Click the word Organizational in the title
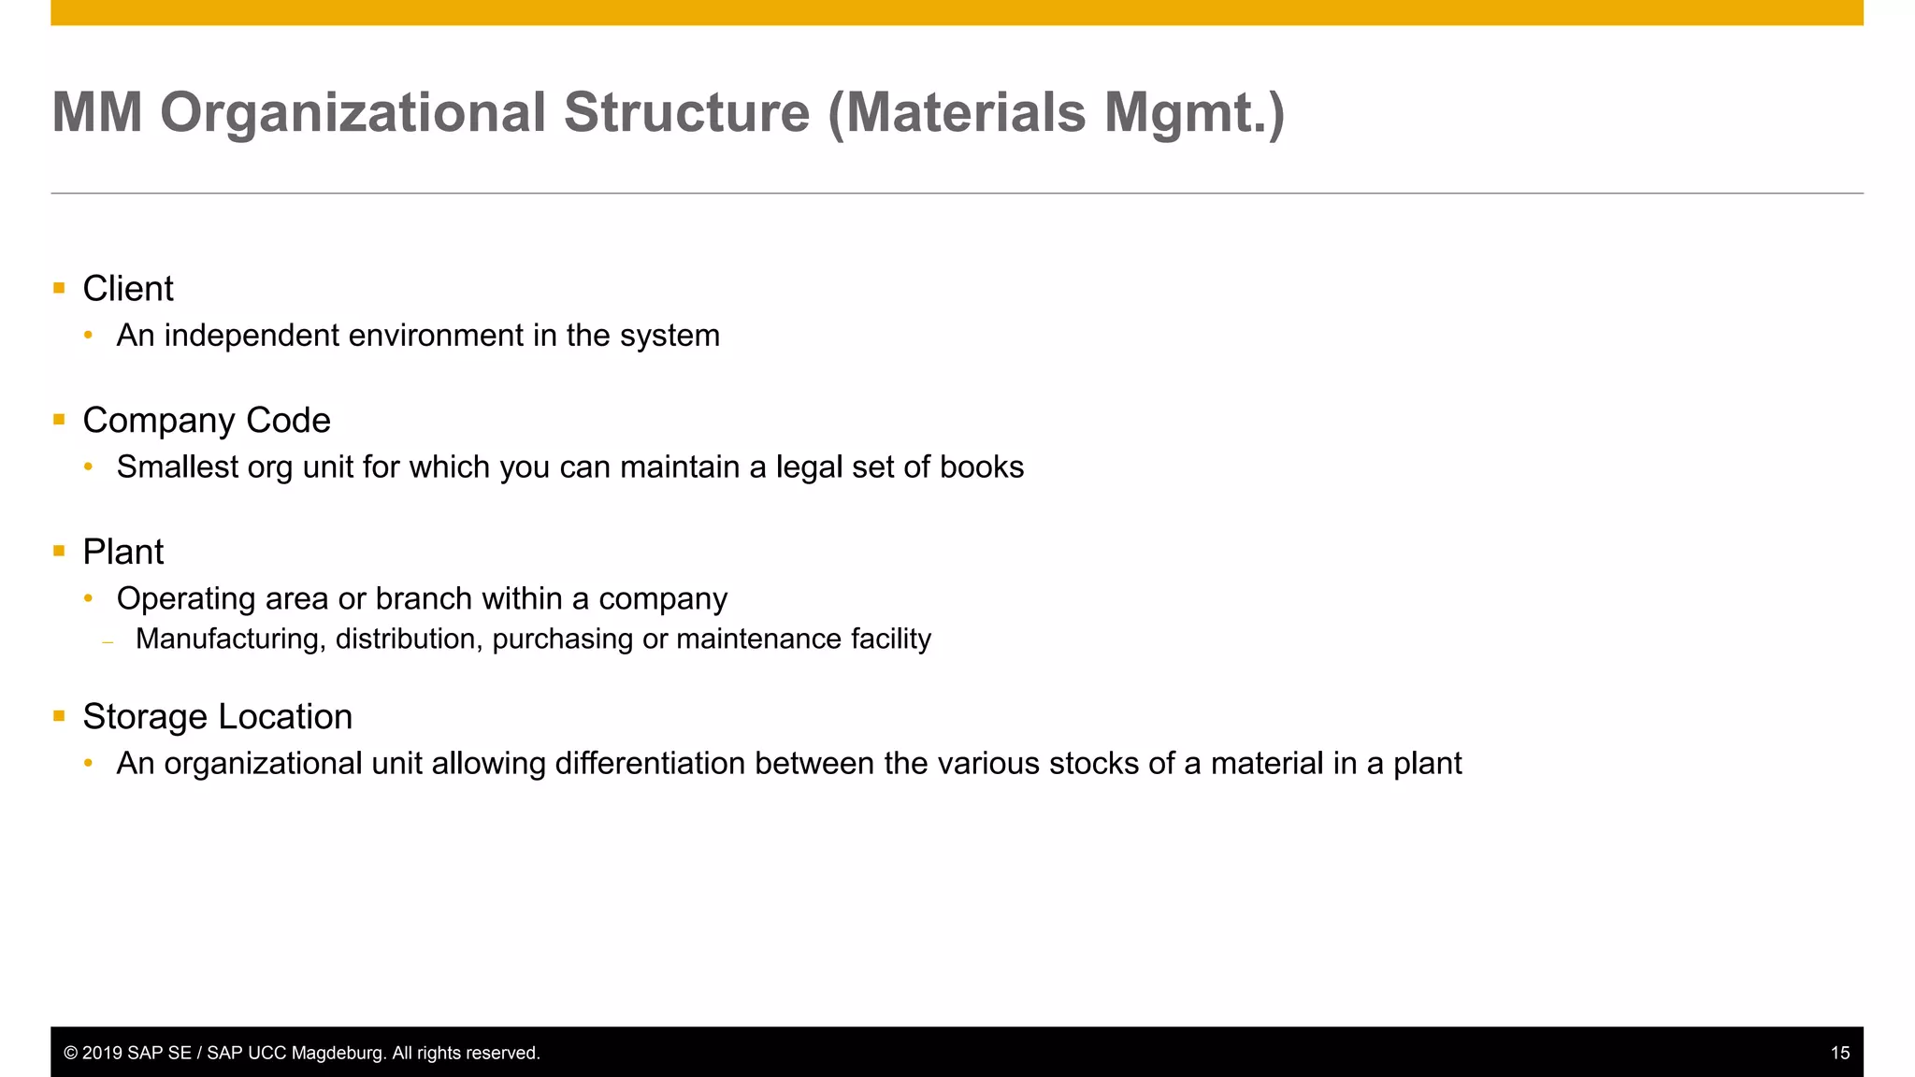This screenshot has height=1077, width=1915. click(353, 113)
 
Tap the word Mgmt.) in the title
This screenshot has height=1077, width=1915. click(1194, 113)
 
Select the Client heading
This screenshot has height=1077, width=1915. click(128, 289)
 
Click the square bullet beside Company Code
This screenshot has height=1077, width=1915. click(59, 420)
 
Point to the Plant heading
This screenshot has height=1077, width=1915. click(122, 553)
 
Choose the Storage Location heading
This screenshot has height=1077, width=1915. click(217, 717)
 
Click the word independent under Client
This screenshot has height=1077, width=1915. click(252, 336)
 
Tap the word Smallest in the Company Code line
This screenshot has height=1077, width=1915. click(177, 467)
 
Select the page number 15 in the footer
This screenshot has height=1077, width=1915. click(1839, 1054)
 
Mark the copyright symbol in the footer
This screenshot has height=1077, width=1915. click(70, 1054)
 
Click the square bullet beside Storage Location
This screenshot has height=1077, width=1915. click(59, 716)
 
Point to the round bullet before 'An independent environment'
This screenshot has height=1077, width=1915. click(89, 336)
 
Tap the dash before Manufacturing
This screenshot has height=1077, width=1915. click(108, 642)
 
